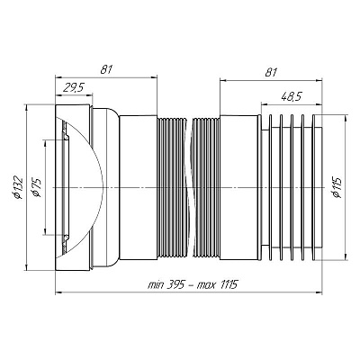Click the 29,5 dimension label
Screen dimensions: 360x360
pyautogui.click(x=73, y=88)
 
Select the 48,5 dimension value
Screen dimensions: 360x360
pyautogui.click(x=292, y=96)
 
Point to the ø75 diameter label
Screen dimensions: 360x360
pyautogui.click(x=36, y=187)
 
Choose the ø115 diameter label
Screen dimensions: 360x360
pyautogui.click(x=337, y=187)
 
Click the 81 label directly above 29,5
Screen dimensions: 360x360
pyautogui.click(x=106, y=70)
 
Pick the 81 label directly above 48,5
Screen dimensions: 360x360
pyautogui.click(x=271, y=72)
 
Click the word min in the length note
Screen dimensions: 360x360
pyautogui.click(x=156, y=284)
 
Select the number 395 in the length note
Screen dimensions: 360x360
pyautogui.click(x=175, y=283)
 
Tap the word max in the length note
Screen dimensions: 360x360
pyautogui.click(x=205, y=284)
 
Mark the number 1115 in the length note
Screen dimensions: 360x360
pyautogui.click(x=228, y=283)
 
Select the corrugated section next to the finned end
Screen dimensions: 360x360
pyautogui.click(x=206, y=187)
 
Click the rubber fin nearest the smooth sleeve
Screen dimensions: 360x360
pyautogui.click(x=270, y=187)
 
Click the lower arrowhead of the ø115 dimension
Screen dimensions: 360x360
pyautogui.click(x=346, y=257)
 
